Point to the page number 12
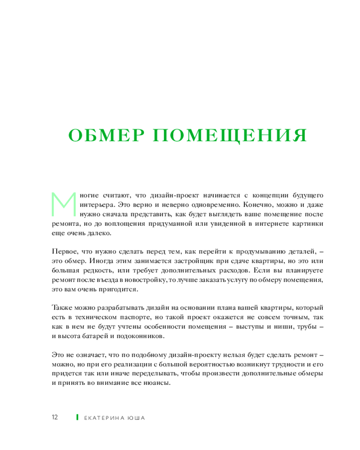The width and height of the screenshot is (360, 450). tap(55, 417)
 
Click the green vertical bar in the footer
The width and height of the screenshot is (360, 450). tap(77, 417)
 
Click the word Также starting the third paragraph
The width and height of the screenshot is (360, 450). tap(62, 308)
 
